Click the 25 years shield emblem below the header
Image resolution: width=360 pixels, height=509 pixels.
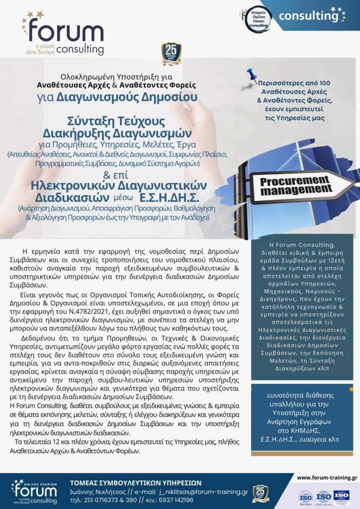[171, 55]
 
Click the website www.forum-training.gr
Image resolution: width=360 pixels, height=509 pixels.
[327, 478]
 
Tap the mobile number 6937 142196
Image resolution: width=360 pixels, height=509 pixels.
[174, 501]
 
